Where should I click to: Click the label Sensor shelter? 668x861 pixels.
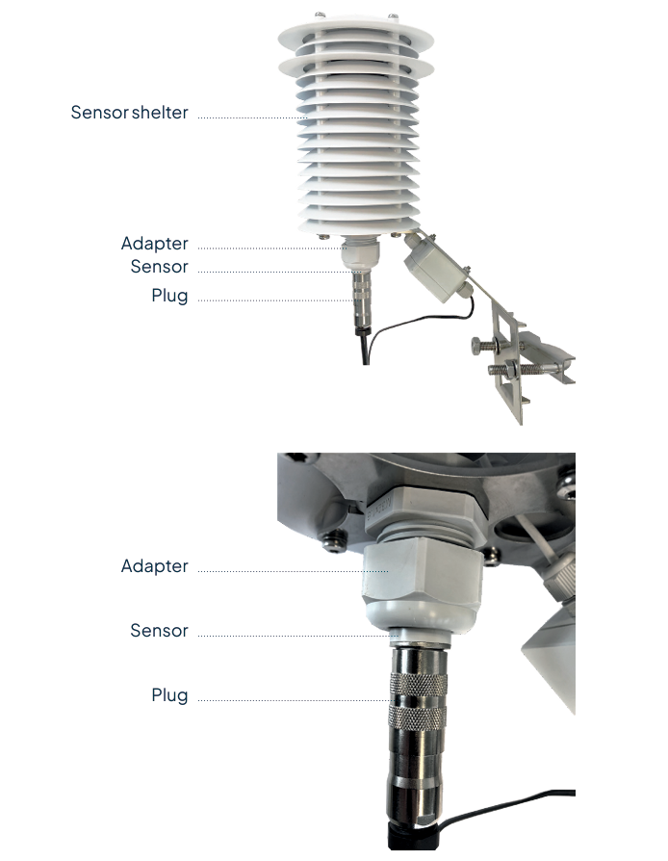(129, 113)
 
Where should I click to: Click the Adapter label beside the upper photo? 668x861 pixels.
(154, 244)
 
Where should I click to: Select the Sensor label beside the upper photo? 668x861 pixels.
(159, 267)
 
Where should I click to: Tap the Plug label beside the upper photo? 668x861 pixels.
(169, 296)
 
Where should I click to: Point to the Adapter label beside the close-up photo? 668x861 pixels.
(154, 566)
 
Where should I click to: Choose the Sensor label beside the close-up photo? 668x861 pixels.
(159, 631)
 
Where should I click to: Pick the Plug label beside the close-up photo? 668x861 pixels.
(169, 694)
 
